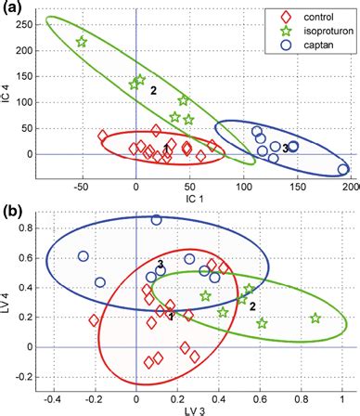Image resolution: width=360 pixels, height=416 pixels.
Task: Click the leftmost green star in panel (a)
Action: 82,42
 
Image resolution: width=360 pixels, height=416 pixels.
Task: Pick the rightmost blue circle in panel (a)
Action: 343,169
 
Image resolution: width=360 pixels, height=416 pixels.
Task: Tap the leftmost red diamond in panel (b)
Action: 94,320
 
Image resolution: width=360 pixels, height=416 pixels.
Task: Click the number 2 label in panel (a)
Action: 153,90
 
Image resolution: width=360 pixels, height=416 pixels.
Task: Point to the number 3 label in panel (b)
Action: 161,266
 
